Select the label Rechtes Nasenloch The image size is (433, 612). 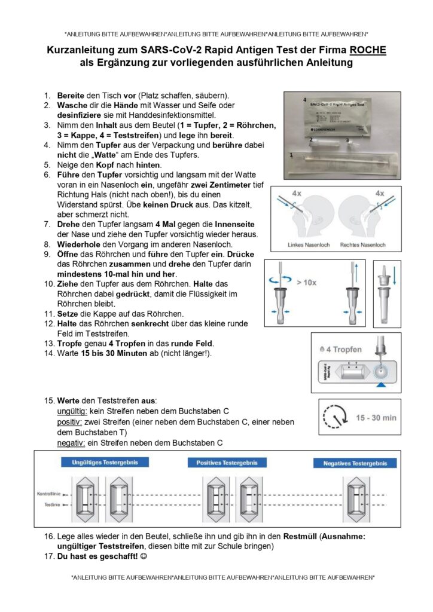[362, 245]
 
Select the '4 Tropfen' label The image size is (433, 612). [345, 349]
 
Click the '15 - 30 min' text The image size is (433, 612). [376, 417]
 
